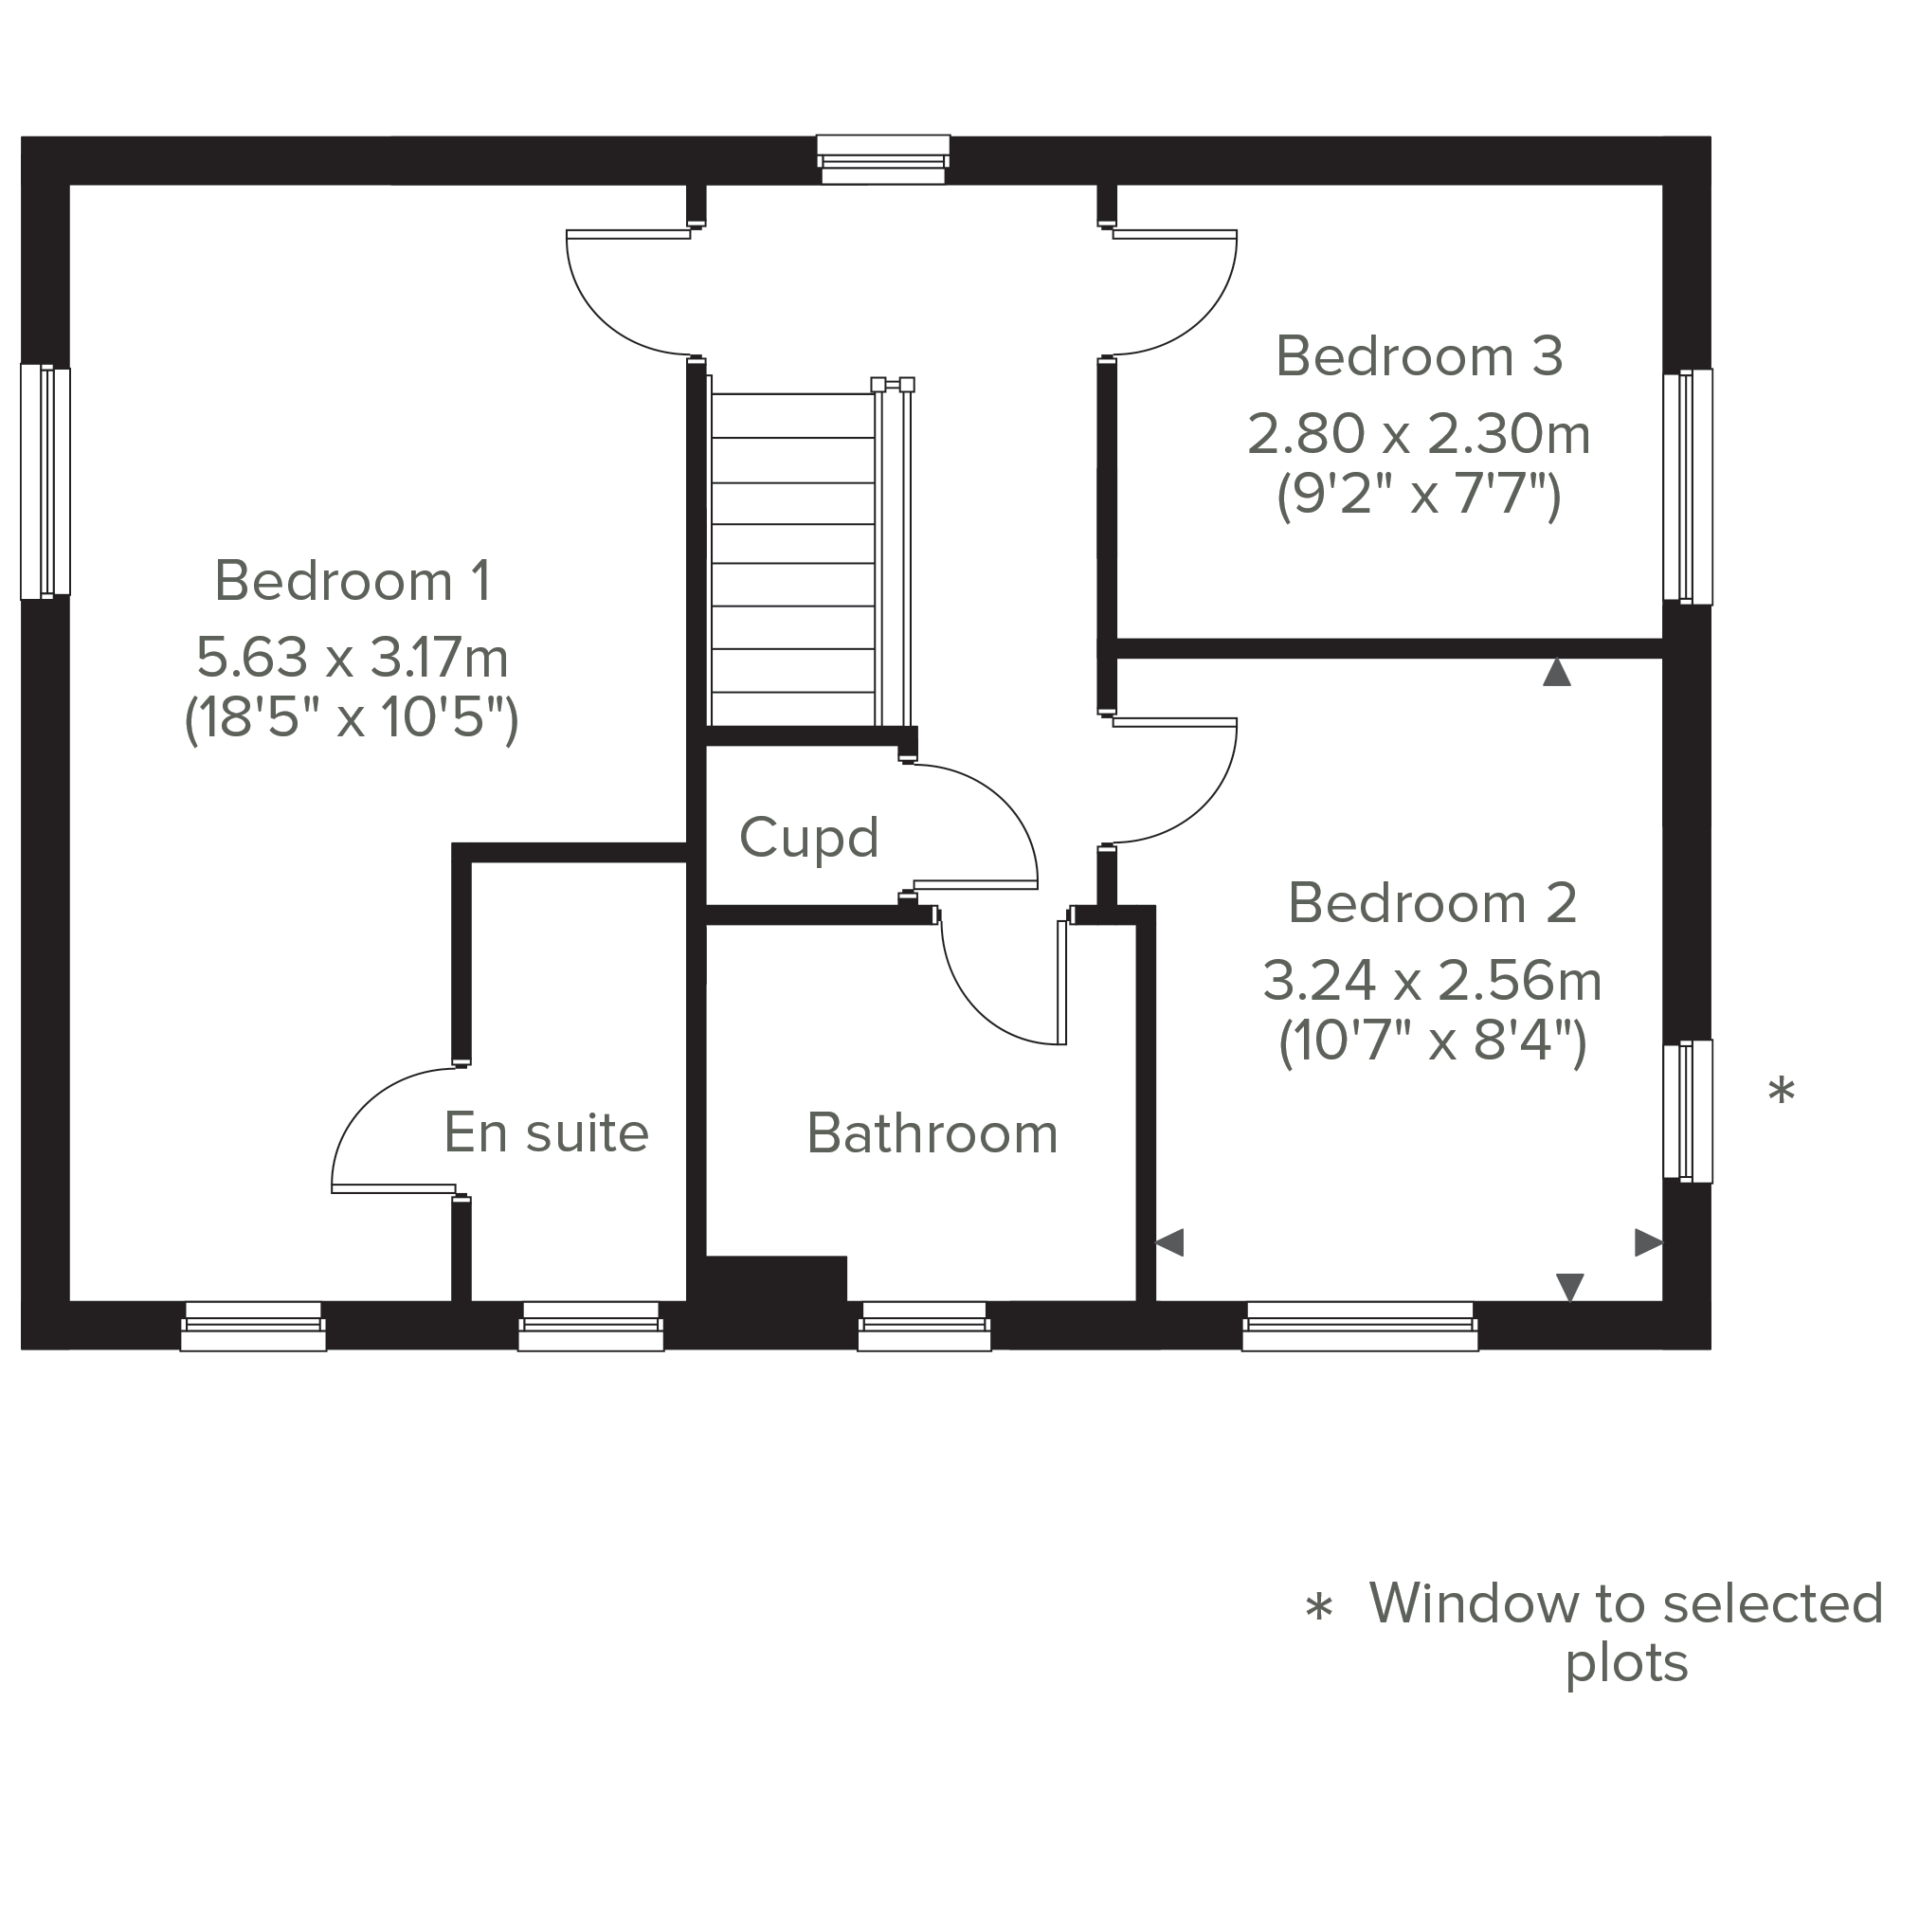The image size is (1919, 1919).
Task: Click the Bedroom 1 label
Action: (353, 581)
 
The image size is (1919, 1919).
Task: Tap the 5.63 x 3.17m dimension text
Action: (353, 658)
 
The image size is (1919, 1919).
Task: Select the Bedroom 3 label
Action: (1420, 356)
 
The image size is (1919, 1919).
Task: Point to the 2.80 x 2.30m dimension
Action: (1420, 435)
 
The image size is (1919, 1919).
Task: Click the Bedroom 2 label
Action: (1432, 904)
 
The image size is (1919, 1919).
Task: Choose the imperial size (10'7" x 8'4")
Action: (1432, 1041)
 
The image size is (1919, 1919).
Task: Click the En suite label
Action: (546, 1132)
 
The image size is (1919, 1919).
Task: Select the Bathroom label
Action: (932, 1133)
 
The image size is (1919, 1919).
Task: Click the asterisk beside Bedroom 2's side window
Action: (1782, 1090)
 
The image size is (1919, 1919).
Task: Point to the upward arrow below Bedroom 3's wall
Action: (1556, 673)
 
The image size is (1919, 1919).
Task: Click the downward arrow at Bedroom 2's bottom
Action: (1569, 1287)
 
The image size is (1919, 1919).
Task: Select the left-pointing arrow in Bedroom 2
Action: (1170, 1242)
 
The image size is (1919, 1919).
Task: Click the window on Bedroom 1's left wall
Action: (45, 481)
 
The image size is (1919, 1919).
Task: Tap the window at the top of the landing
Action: (883, 160)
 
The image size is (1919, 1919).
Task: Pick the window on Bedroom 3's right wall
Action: (1689, 487)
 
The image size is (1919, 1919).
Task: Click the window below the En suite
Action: (591, 1326)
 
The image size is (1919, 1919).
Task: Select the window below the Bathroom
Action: (925, 1326)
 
